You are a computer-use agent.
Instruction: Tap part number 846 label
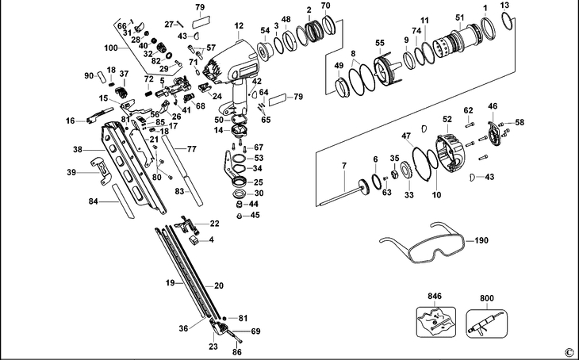tap(435, 296)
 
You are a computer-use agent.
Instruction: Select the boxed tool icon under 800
tap(486, 324)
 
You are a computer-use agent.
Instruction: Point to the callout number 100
tap(111, 48)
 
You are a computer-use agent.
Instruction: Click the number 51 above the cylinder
tap(460, 17)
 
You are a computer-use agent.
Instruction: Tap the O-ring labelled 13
tap(508, 21)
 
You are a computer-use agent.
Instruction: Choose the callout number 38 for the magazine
tap(78, 150)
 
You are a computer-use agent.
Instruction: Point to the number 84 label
tap(94, 201)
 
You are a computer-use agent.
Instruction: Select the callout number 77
tap(192, 149)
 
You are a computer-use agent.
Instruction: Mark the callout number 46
tap(493, 106)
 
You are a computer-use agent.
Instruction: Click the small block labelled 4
tap(194, 240)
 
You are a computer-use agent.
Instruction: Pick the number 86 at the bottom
tap(236, 352)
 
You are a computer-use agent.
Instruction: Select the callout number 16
tap(70, 121)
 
